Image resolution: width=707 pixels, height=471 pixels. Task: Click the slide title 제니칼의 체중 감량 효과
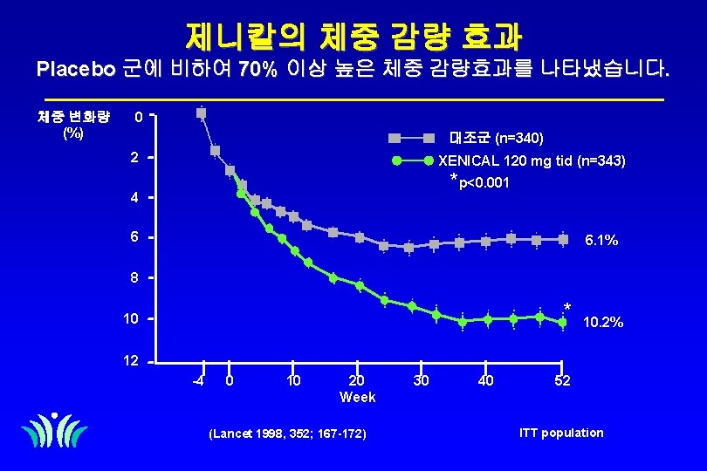(353, 37)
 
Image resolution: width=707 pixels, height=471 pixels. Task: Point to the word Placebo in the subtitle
(76, 69)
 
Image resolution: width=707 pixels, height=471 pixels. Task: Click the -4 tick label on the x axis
(198, 380)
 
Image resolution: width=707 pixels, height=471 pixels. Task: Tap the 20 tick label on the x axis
(356, 380)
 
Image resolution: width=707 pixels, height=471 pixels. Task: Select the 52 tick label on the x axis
(563, 380)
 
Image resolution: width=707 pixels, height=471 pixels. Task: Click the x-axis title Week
(357, 398)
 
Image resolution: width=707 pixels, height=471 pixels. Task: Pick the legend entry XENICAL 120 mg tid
(531, 161)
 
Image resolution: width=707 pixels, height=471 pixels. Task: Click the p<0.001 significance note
(481, 183)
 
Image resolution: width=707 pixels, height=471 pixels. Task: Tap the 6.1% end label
(601, 241)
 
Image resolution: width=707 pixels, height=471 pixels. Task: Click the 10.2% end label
(604, 323)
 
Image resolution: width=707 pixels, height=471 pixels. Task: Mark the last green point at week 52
(562, 322)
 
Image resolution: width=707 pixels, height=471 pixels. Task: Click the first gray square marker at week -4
(202, 113)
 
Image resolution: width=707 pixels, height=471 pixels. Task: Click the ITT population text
(560, 433)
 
